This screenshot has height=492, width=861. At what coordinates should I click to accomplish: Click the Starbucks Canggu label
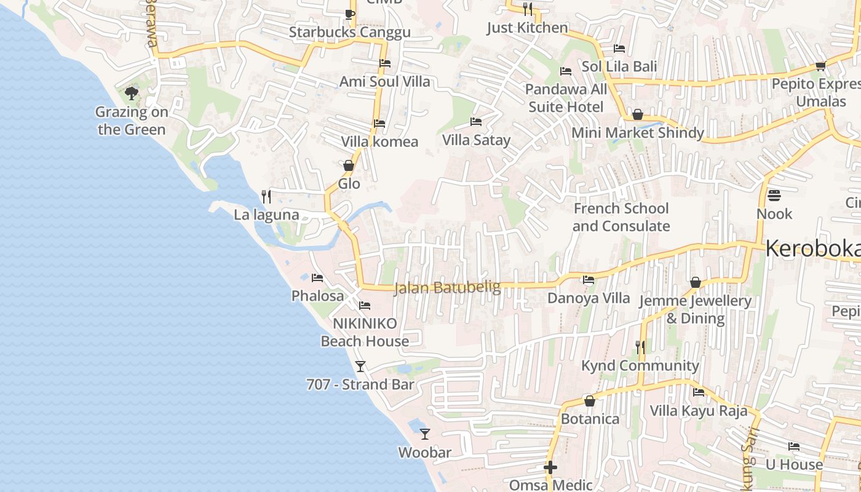pyautogui.click(x=349, y=32)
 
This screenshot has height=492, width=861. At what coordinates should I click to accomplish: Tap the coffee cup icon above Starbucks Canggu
pyautogui.click(x=349, y=14)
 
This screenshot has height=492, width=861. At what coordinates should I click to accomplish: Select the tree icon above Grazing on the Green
pyautogui.click(x=131, y=93)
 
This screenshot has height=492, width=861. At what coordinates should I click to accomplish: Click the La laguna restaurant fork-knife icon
pyautogui.click(x=266, y=196)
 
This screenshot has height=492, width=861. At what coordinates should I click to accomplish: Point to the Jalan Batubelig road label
pyautogui.click(x=447, y=287)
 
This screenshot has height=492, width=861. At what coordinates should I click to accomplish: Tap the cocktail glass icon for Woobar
pyautogui.click(x=424, y=434)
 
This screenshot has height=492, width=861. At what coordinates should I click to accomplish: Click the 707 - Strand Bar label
pyautogui.click(x=360, y=384)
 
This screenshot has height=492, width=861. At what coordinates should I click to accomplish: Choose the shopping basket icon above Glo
pyautogui.click(x=349, y=165)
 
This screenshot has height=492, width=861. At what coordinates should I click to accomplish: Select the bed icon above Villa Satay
pyautogui.click(x=476, y=122)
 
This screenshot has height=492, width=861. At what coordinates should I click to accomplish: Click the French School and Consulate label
pyautogui.click(x=621, y=217)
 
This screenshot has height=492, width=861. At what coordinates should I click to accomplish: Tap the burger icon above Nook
pyautogui.click(x=774, y=196)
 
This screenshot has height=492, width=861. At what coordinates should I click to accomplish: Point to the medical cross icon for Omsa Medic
pyautogui.click(x=550, y=468)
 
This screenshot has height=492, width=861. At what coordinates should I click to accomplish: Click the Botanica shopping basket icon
pyautogui.click(x=590, y=401)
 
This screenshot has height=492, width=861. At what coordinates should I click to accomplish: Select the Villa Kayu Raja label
pyautogui.click(x=699, y=411)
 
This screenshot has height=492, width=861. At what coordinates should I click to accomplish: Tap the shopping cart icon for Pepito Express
pyautogui.click(x=820, y=66)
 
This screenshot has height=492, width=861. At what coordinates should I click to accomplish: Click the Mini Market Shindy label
pyautogui.click(x=638, y=133)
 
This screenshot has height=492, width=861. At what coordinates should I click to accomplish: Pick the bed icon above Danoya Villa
pyautogui.click(x=589, y=280)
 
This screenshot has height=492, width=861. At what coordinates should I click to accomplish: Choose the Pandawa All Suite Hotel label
pyautogui.click(x=566, y=98)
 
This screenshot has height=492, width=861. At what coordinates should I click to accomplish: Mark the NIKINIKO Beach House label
pyautogui.click(x=365, y=332)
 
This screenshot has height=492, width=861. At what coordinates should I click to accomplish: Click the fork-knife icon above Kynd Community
pyautogui.click(x=640, y=347)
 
